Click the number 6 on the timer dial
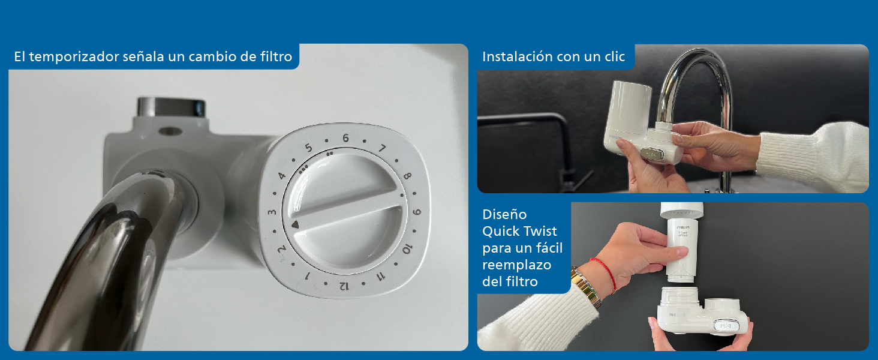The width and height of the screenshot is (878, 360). click(x=345, y=138)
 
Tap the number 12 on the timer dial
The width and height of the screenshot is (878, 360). click(x=344, y=286)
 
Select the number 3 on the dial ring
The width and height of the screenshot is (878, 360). click(x=272, y=212)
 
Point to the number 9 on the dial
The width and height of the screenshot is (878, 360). click(x=417, y=212)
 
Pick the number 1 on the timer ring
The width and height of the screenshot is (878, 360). click(x=307, y=276)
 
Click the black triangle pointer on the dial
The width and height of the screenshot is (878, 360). click(x=294, y=225)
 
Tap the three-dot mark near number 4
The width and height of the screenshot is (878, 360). click(x=303, y=169)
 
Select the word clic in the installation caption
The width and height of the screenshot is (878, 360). click(x=612, y=57)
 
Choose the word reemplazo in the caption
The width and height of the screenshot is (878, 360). click(x=516, y=265)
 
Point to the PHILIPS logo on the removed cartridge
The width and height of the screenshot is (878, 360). click(x=684, y=229)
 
